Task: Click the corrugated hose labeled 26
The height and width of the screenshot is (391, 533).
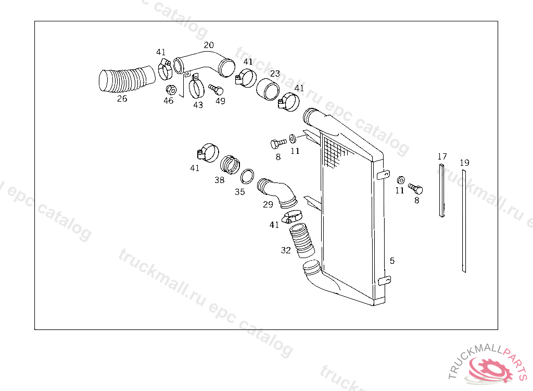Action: (x=126, y=80)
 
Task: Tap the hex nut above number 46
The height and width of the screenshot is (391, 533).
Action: (x=171, y=90)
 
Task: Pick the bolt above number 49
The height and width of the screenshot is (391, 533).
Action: (x=216, y=90)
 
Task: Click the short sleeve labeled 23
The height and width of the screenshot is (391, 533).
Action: (x=268, y=89)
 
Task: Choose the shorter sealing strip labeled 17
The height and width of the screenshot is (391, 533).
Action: (x=441, y=190)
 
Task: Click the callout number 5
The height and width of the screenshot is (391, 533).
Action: (x=392, y=261)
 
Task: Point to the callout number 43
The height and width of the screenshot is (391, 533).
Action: (x=198, y=105)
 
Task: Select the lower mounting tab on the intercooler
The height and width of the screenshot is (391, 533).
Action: (x=385, y=280)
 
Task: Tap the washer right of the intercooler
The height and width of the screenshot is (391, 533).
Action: (x=401, y=180)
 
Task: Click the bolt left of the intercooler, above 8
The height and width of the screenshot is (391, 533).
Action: (x=278, y=143)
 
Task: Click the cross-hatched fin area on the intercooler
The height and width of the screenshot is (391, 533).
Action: (x=334, y=152)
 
